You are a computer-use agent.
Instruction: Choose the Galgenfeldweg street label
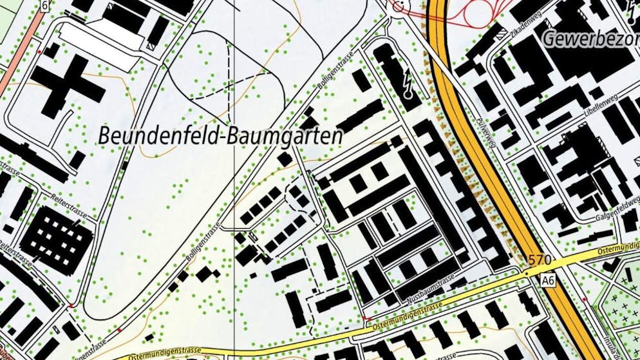point(599,209)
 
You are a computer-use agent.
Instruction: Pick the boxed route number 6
point(44,5)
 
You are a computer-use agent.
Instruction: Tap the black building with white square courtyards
point(56,241)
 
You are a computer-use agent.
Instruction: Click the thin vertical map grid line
point(234,193)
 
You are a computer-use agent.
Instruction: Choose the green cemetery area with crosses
point(618,309)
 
